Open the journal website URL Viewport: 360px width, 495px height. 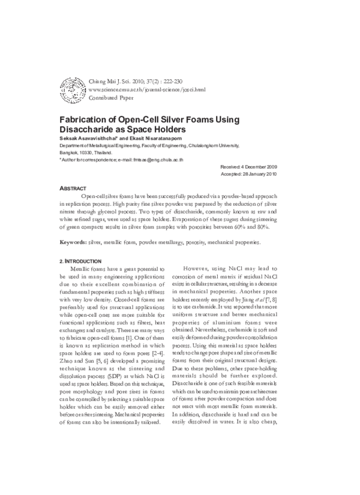[146, 89]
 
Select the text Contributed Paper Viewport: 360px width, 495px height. [110, 98]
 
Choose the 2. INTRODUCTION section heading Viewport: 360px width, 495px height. [84, 262]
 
